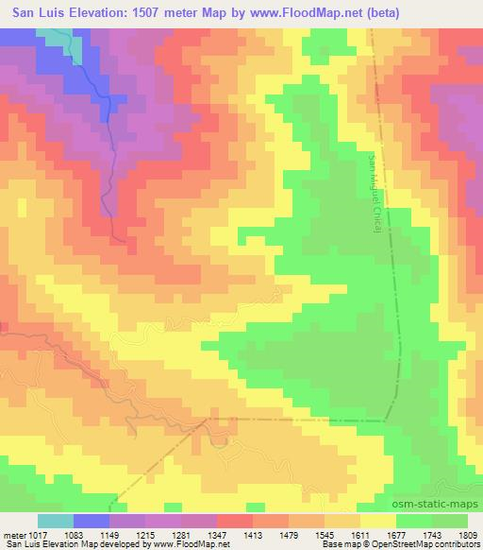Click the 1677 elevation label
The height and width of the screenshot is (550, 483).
click(413, 534)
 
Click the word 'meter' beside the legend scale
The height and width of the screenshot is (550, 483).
click(11, 534)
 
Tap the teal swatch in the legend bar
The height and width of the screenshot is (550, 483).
click(56, 521)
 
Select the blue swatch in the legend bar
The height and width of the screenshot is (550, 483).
click(92, 521)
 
